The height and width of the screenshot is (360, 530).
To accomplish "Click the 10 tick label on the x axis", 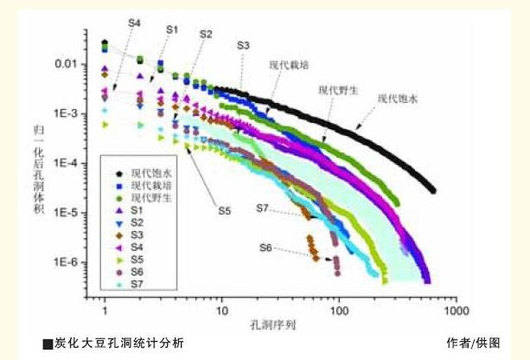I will tap(221, 309).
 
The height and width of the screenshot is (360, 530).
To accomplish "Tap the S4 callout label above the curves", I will tap(133, 23).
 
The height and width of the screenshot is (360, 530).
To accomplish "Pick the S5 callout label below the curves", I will tap(224, 210).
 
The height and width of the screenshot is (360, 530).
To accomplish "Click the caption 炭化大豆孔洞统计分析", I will tap(117, 344).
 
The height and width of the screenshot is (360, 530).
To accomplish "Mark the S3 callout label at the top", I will tap(243, 44).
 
